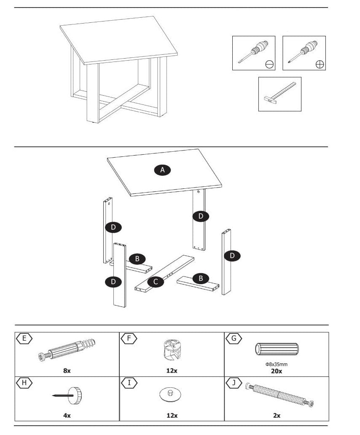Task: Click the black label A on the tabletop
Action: (x=162, y=170)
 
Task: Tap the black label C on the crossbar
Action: (x=156, y=282)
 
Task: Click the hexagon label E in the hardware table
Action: (x=24, y=338)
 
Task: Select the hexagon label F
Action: (x=129, y=338)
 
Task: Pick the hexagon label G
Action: (x=234, y=338)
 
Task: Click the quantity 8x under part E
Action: (x=67, y=371)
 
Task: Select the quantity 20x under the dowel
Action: (x=277, y=371)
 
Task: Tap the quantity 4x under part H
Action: (x=67, y=415)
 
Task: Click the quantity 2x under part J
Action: (x=277, y=415)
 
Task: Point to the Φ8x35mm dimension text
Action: (x=277, y=364)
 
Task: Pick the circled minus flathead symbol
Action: (x=269, y=64)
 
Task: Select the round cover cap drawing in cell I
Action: (x=170, y=395)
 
